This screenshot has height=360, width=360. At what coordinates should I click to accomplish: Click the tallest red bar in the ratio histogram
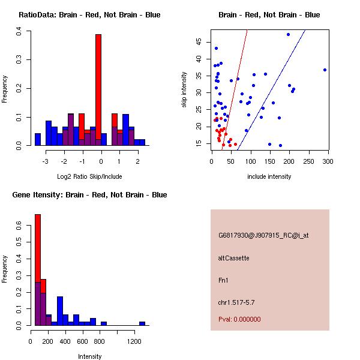(98, 90)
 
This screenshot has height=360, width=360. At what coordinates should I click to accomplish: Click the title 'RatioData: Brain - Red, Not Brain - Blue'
(89, 14)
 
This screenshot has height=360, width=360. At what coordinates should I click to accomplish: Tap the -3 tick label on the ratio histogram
(46, 161)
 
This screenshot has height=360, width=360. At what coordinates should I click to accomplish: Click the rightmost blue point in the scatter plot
(325, 70)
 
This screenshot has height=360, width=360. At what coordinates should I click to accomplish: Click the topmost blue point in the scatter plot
(288, 34)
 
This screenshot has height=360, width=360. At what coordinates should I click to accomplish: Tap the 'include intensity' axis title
(269, 176)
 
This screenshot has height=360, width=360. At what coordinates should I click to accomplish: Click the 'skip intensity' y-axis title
(184, 90)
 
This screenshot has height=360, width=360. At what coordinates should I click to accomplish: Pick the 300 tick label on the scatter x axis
(328, 161)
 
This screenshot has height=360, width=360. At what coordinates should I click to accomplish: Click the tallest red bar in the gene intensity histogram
(38, 270)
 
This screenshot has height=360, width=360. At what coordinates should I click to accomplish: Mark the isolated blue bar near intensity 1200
(142, 323)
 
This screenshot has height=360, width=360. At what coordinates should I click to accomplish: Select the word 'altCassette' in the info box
(234, 258)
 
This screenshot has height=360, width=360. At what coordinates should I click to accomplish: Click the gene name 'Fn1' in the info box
(223, 280)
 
